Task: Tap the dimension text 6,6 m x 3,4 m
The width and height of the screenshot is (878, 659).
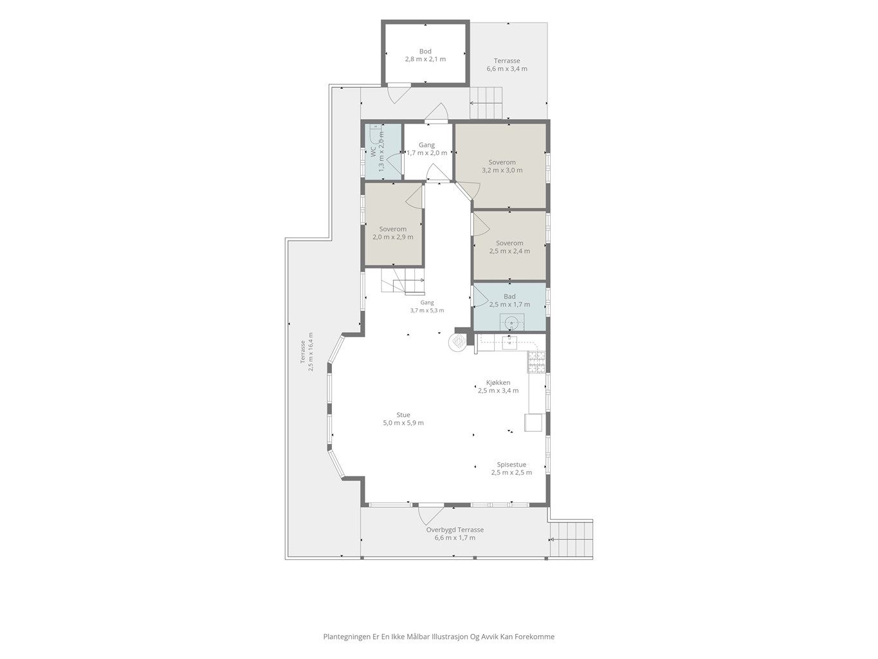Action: pos(507,69)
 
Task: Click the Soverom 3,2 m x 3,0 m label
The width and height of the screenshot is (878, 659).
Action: pos(502,166)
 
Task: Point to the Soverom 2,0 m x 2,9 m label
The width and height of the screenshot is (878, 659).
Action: pos(393,233)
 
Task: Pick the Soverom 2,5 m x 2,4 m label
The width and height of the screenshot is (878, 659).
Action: pos(509,247)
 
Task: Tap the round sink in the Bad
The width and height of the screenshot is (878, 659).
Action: pos(511,322)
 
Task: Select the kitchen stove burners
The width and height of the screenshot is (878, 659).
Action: pos(536,362)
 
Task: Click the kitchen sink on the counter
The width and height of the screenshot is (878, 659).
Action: pos(509,343)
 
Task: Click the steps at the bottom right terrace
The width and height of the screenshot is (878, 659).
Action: pos(571,539)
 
